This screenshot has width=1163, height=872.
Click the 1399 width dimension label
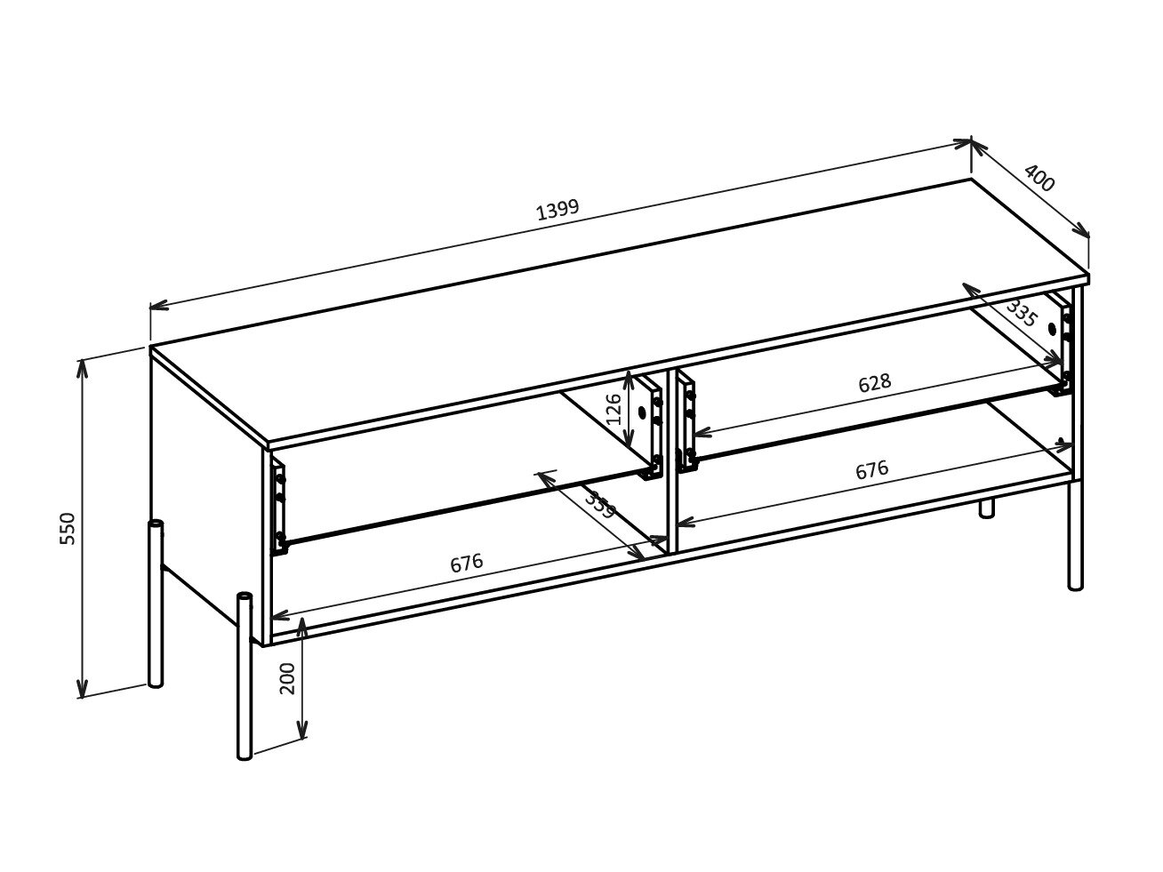(x=557, y=209)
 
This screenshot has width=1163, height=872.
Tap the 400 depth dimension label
(x=1039, y=178)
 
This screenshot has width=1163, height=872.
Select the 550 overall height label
(x=68, y=528)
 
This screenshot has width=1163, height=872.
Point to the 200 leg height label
(x=286, y=678)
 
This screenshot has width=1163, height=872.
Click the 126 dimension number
(x=613, y=409)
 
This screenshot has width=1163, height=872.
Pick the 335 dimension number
(x=1021, y=314)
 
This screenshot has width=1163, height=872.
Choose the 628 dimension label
(x=875, y=383)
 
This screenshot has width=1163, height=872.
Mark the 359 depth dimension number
(x=601, y=505)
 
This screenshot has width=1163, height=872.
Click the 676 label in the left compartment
(x=466, y=564)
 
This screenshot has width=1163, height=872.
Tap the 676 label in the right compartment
(x=871, y=469)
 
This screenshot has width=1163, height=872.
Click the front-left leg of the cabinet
(x=245, y=676)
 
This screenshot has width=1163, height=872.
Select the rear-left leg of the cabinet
(x=156, y=604)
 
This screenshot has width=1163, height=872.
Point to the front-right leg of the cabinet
(x=1075, y=535)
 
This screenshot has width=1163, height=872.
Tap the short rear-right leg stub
(x=986, y=508)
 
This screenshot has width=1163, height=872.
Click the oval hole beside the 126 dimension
(x=642, y=412)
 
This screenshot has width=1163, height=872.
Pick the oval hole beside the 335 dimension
(x=1052, y=329)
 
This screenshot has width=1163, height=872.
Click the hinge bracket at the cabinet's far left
(x=279, y=508)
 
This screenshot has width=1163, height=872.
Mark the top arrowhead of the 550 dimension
(x=82, y=370)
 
